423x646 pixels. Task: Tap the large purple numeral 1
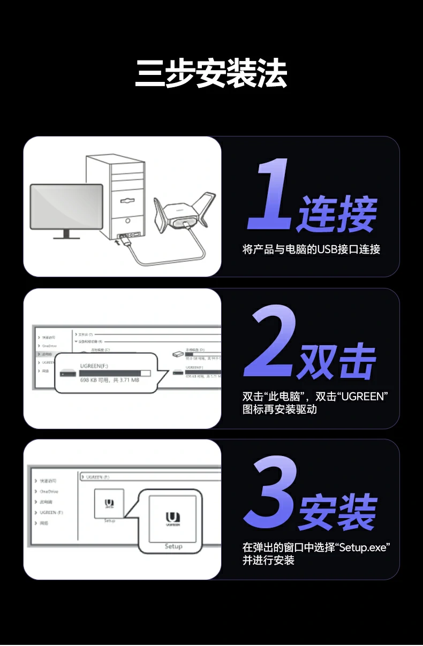[x=270, y=195]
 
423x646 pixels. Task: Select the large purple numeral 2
[x=270, y=343]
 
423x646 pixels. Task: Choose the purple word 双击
[x=336, y=362]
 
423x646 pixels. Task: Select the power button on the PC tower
[x=127, y=220]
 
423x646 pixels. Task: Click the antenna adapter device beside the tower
[x=184, y=213]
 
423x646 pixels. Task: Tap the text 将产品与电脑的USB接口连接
[x=311, y=249]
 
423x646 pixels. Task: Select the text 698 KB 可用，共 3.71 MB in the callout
[x=109, y=381]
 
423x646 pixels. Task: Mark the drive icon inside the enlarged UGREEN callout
[x=67, y=373]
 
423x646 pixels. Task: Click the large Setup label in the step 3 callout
[x=173, y=546]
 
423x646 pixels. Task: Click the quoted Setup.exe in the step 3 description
[x=364, y=548]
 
